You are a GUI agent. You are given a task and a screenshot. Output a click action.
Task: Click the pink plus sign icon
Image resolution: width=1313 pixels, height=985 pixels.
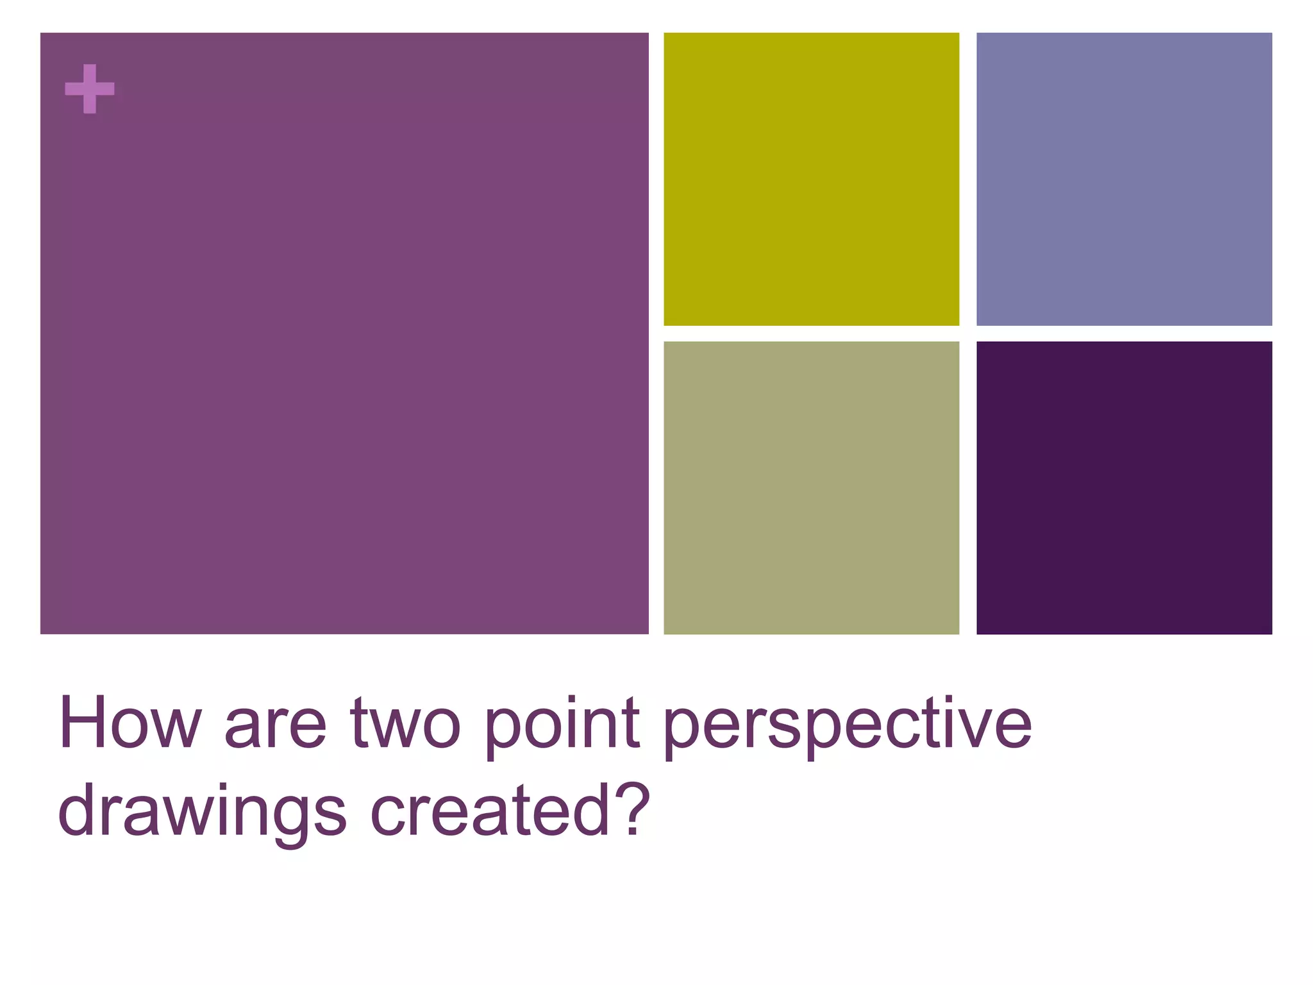90,89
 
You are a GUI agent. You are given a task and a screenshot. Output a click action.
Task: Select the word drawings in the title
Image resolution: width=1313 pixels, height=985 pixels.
202,812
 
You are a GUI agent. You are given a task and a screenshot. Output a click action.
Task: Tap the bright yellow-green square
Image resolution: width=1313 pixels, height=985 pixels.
811,179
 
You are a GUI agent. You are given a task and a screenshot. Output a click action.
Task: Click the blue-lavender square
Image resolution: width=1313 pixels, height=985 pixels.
1124,179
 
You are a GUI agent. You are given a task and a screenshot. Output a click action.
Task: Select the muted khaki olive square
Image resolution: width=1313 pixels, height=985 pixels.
811,487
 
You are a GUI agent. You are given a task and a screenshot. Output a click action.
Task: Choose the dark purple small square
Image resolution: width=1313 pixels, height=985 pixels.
1124,487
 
